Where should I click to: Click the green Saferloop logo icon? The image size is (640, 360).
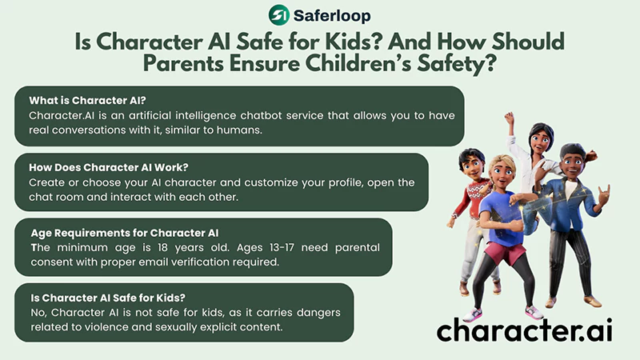pyautogui.click(x=278, y=14)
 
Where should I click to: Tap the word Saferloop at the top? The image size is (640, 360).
pyautogui.click(x=330, y=14)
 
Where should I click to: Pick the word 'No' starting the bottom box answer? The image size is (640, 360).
pyautogui.click(x=37, y=314)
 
